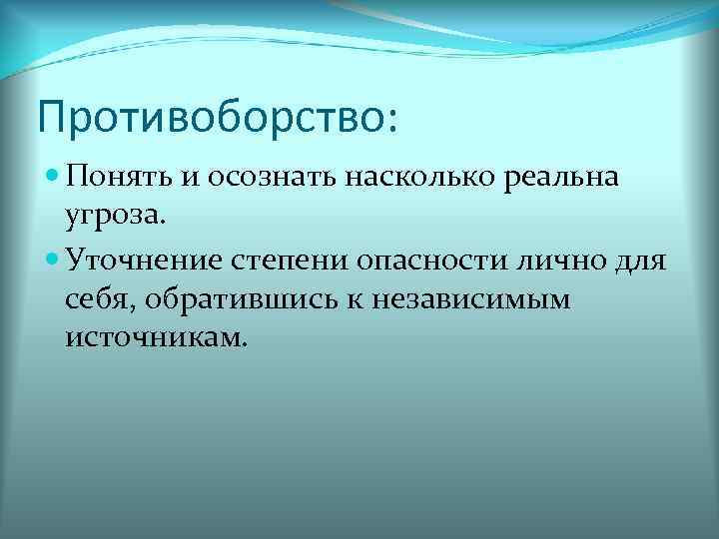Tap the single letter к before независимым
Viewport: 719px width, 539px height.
pyautogui.click(x=360, y=301)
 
